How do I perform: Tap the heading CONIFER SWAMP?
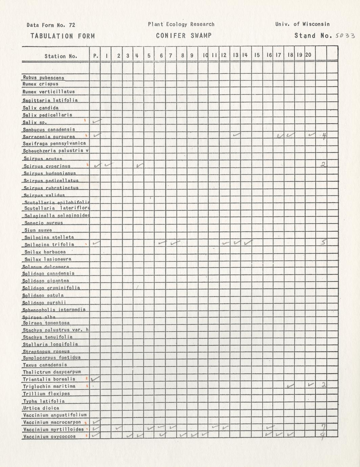tap(184, 36)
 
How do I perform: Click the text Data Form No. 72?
tap(51, 25)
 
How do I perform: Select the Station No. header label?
tap(61, 56)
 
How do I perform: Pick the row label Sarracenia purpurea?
tap(49, 137)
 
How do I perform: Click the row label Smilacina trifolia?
tap(49, 244)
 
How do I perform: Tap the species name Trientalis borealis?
tap(49, 379)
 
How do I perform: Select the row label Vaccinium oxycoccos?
tap(49, 437)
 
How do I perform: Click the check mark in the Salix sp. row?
tap(97, 121)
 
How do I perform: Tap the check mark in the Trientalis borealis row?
tap(95, 379)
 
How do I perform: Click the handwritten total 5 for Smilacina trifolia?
tap(324, 242)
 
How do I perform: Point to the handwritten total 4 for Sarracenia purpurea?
tap(324, 136)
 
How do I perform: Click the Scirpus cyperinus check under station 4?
tap(139, 166)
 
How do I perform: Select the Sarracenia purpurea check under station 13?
tap(237, 135)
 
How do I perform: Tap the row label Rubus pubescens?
tap(43, 77)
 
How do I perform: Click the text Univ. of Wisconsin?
tap(302, 24)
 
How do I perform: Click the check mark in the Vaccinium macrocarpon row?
tap(97, 422)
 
